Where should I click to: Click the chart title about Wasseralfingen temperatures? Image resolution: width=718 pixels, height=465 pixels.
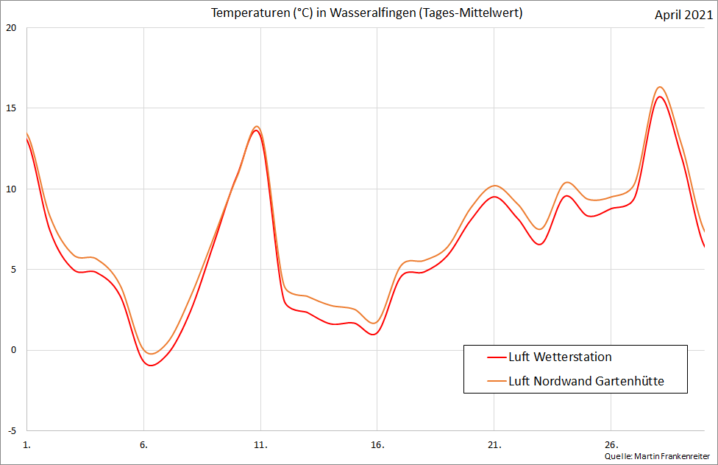pos(366,14)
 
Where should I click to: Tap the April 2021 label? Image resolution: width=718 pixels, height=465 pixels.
pos(683,15)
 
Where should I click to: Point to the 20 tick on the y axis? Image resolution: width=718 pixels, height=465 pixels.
pos(10,28)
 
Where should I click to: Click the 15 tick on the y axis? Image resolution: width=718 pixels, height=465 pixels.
pos(10,108)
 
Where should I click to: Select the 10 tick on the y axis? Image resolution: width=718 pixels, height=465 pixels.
pos(10,189)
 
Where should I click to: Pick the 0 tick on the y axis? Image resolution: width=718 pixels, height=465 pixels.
pos(13,350)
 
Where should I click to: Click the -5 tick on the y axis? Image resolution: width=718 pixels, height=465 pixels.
pos(10,430)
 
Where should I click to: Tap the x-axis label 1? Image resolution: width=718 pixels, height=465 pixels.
pos(27,445)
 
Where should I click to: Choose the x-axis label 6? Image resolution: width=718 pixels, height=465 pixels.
pos(143,445)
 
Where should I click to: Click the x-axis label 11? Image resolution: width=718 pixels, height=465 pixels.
pos(260,445)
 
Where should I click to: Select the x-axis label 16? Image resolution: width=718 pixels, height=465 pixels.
pos(377,445)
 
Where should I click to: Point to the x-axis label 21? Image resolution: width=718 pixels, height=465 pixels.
pos(494,445)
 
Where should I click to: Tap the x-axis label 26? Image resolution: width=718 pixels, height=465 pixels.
pos(611,445)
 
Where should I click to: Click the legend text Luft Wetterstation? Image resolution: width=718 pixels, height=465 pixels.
pos(560,357)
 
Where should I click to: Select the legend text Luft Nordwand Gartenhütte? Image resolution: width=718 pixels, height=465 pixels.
pos(586,381)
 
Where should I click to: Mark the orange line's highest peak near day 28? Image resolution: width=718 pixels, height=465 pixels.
pos(660,87)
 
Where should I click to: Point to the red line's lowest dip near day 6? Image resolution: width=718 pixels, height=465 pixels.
pos(152,366)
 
